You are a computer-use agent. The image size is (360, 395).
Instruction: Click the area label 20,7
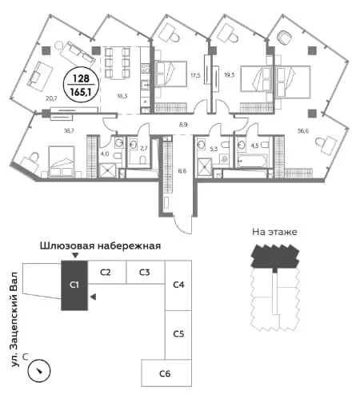click(x=51, y=98)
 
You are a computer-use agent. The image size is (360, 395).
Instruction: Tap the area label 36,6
click(x=303, y=131)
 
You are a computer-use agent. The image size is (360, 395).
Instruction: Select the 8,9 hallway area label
click(x=182, y=124)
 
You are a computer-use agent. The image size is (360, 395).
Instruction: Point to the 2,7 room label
click(x=143, y=149)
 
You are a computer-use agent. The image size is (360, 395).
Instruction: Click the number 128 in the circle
click(x=81, y=78)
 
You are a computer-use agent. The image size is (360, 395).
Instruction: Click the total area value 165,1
click(x=81, y=92)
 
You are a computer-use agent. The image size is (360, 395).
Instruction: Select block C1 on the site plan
click(x=74, y=285)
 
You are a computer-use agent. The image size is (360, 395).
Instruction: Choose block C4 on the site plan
click(x=178, y=285)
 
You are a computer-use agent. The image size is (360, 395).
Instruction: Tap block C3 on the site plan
click(x=146, y=272)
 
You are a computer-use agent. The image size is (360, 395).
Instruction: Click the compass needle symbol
click(x=39, y=370)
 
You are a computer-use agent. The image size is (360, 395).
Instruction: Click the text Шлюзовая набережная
click(x=100, y=245)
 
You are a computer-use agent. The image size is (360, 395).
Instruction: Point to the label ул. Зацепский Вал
click(x=14, y=319)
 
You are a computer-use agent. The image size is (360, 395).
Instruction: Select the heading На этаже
click(x=274, y=232)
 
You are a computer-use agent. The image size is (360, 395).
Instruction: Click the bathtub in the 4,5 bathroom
click(x=251, y=161)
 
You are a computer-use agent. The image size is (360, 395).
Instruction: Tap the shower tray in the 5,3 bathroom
click(x=205, y=167)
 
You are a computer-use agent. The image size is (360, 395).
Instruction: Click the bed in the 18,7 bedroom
click(x=62, y=162)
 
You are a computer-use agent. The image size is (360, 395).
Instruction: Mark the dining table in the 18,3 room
click(x=117, y=63)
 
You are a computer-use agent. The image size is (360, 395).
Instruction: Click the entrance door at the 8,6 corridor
click(x=183, y=225)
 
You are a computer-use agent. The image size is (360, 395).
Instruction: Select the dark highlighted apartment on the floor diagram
click(x=274, y=256)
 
